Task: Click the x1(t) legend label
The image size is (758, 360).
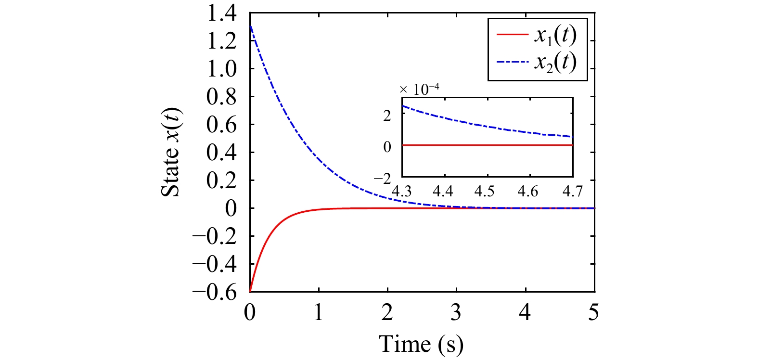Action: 555,35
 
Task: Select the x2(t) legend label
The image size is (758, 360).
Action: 555,62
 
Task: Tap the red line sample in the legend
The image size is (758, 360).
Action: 513,35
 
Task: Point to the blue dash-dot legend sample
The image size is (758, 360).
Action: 513,62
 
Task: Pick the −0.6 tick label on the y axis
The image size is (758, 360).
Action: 215,292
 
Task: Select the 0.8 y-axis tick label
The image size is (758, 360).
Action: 221,96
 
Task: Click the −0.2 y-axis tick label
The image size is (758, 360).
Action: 215,236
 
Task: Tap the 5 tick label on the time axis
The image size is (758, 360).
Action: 594,312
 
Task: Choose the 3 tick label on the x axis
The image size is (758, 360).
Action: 456,312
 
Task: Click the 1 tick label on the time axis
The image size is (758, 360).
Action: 319,312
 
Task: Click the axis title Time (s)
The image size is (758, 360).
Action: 421,344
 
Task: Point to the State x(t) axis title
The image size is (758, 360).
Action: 170,152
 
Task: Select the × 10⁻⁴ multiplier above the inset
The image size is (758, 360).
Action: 419,89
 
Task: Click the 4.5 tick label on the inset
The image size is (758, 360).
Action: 484,192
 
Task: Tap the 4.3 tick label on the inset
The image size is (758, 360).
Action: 401,192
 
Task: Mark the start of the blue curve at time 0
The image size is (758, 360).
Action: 250,26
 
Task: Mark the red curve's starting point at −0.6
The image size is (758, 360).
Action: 250,291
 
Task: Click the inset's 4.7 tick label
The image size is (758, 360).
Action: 572,192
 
